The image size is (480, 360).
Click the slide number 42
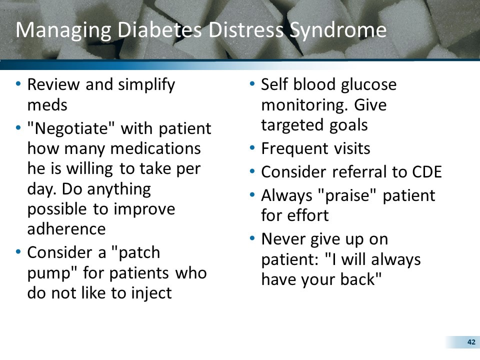[470, 342]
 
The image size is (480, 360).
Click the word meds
[47, 105]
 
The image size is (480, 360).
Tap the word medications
[155, 149]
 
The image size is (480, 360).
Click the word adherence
[66, 228]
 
